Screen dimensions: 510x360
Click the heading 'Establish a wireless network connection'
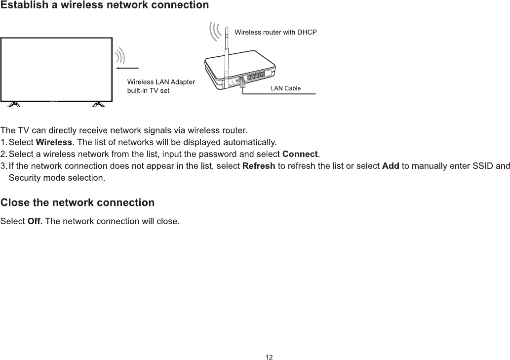(104, 5)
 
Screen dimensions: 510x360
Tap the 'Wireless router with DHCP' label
(275, 32)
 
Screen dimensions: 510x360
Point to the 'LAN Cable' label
(285, 88)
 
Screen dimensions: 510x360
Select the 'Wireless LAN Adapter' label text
(161, 81)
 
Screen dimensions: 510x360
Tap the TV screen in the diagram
(56, 69)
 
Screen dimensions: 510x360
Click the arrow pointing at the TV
(127, 68)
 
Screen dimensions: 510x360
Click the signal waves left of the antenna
(215, 32)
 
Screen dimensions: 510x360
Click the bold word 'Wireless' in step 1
(54, 143)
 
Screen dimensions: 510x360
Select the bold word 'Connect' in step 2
(300, 155)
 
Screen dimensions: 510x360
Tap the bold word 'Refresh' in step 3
(259, 166)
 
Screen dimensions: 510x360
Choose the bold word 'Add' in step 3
(391, 166)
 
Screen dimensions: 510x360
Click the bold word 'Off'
(34, 221)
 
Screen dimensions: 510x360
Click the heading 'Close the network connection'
(78, 202)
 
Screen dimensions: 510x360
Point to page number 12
(269, 357)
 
